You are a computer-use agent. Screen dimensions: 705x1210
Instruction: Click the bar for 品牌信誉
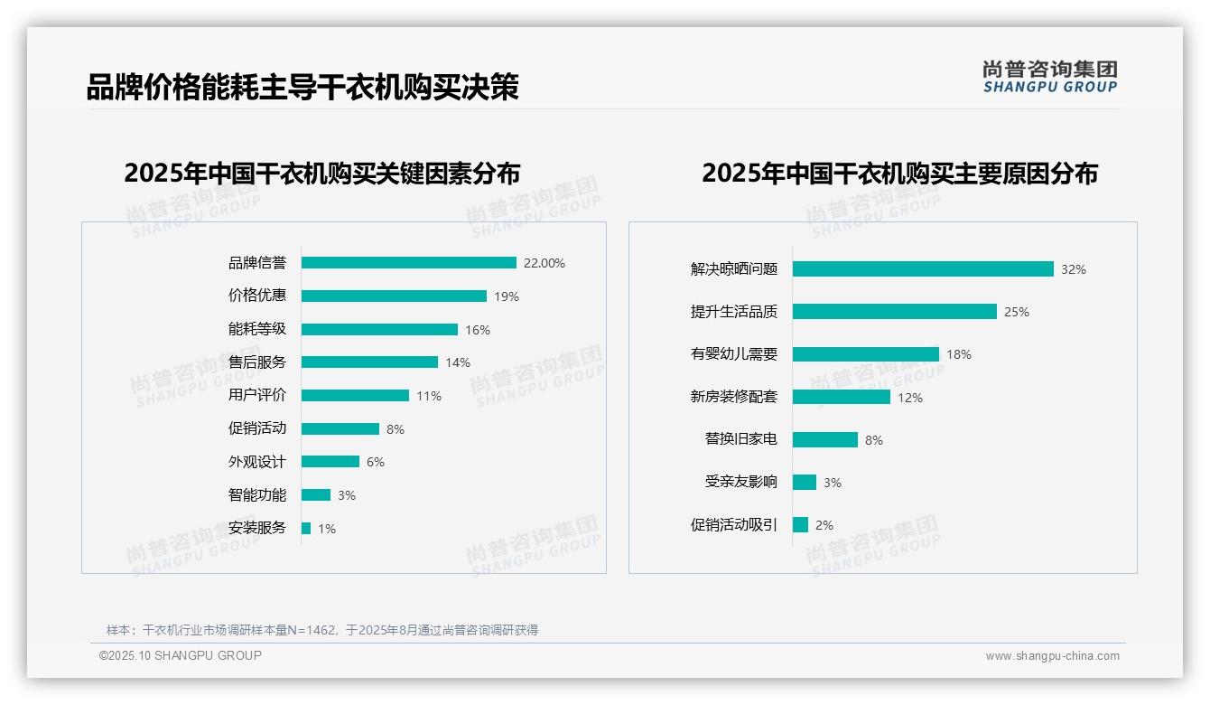tap(408, 263)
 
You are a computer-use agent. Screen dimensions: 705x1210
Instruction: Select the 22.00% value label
tap(544, 263)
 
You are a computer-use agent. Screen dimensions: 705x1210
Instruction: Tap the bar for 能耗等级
tap(379, 329)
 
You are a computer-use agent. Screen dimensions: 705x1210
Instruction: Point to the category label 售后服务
tap(256, 362)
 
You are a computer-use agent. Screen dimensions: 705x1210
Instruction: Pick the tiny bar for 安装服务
tap(306, 528)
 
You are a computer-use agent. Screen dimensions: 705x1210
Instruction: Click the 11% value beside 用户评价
tap(429, 396)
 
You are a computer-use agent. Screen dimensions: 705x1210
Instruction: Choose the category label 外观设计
tap(256, 462)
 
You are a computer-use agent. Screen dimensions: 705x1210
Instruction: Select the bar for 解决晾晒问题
tap(923, 269)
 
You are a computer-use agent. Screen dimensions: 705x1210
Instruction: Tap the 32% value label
tap(1074, 269)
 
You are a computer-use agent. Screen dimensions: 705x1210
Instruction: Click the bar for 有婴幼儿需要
tap(866, 354)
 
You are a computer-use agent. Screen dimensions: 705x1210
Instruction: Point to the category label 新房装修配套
tap(733, 397)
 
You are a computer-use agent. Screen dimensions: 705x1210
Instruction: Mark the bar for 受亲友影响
tap(805, 483)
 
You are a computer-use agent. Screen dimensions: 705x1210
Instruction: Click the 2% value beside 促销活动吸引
tap(824, 525)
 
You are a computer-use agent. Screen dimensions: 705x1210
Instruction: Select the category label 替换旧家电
tap(740, 439)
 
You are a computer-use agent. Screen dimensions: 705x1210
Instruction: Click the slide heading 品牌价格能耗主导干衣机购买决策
tap(302, 88)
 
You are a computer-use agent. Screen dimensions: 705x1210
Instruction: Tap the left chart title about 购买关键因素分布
tap(322, 173)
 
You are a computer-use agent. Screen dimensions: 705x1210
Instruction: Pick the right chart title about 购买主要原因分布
tap(899, 173)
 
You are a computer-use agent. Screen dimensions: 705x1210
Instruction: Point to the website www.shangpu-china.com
tap(1052, 656)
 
